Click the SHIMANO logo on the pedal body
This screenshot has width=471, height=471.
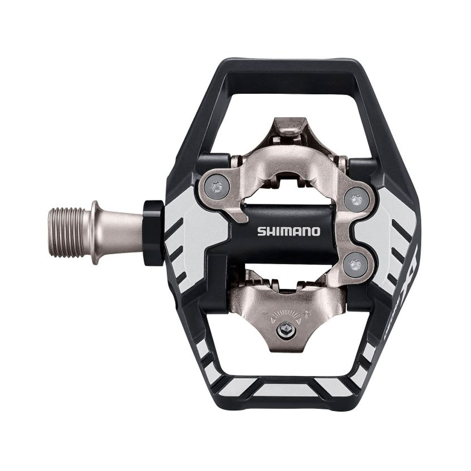pos(288,231)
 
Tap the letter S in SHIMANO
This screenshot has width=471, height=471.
pos(260,231)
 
